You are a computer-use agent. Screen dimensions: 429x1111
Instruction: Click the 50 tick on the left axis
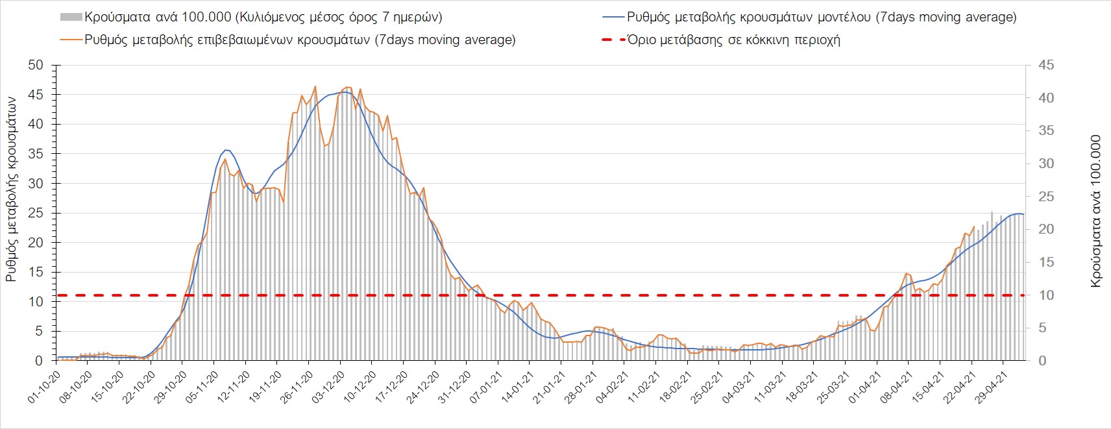(x=36, y=65)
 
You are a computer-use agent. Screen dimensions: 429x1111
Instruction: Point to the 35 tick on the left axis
(x=36, y=154)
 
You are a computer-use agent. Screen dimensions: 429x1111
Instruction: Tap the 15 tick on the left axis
(x=36, y=272)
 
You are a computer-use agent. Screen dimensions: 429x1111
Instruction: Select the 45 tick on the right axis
(x=1046, y=65)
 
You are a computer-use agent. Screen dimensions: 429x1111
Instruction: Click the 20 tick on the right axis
(x=1046, y=229)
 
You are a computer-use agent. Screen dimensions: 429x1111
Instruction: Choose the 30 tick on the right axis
(x=1046, y=164)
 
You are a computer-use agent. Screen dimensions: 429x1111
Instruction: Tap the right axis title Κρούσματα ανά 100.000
(x=1096, y=211)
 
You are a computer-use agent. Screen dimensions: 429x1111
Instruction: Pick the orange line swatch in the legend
(x=71, y=40)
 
